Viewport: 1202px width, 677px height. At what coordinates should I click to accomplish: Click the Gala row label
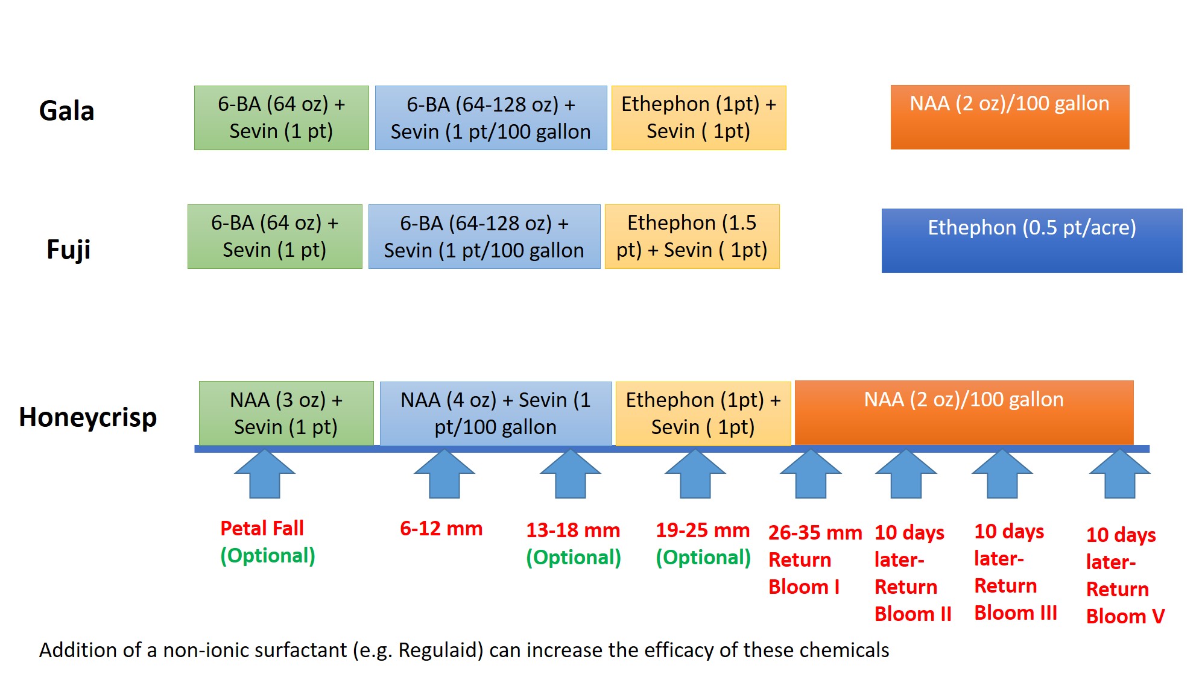coord(66,111)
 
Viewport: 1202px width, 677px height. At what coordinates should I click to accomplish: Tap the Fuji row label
coord(68,249)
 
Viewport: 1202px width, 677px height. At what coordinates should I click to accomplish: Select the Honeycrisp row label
coord(88,417)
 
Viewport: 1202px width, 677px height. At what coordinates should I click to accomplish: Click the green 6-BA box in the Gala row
coord(281,118)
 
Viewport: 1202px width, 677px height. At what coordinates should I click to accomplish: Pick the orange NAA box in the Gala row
coord(1009,117)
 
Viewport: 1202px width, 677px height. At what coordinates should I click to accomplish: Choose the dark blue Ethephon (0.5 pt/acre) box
coord(1031,241)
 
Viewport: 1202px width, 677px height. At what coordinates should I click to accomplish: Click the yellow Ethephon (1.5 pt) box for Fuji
coord(692,236)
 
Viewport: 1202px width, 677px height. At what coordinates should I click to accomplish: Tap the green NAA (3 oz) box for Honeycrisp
coord(286,413)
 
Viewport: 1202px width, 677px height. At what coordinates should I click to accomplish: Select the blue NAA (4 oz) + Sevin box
coord(495,413)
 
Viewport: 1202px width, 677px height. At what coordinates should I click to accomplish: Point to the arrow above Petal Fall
coord(265,474)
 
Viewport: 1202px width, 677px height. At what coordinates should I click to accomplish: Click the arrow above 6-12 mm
coord(444,474)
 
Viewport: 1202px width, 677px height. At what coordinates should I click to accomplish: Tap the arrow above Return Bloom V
coord(1119,474)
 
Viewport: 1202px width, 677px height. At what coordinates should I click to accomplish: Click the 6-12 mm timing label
coord(441,529)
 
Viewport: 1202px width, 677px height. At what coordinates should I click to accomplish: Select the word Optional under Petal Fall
coord(268,555)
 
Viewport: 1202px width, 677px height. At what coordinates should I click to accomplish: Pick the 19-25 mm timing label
coord(703,531)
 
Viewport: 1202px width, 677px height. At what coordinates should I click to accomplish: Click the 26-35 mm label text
coord(815,533)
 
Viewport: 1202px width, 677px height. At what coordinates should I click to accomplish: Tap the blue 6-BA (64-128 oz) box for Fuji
coord(484,236)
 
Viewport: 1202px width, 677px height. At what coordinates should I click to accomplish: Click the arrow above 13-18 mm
coord(570,474)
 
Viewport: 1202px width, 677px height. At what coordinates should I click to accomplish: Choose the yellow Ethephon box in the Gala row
coord(698,118)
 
